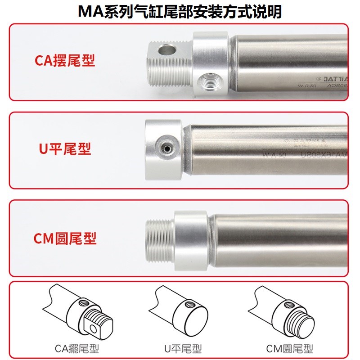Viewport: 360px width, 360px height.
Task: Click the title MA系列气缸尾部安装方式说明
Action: tap(180, 11)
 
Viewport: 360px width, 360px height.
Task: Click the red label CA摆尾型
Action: tap(65, 61)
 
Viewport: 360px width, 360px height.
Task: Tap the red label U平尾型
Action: tap(65, 148)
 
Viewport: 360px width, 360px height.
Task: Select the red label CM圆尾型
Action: tap(65, 238)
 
